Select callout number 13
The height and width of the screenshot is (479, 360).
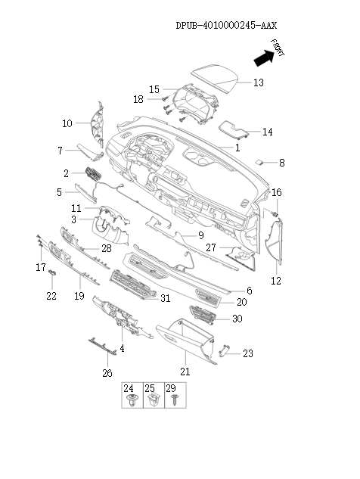[258, 82]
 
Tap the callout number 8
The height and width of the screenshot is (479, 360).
[282, 163]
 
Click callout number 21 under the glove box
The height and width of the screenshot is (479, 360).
[185, 372]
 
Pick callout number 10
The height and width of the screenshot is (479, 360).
[67, 123]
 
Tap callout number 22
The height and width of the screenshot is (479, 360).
[51, 296]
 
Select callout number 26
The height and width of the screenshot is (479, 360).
[107, 373]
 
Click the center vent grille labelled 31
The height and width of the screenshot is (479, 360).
[132, 287]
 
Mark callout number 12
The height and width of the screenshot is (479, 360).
[276, 281]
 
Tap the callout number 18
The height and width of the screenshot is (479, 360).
[138, 99]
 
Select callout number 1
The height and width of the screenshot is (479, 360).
[237, 148]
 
